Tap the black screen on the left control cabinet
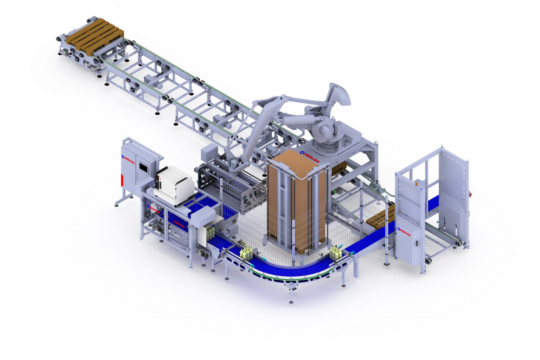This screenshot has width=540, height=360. (x=143, y=167)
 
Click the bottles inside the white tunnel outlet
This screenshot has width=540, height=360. (x=210, y=233)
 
